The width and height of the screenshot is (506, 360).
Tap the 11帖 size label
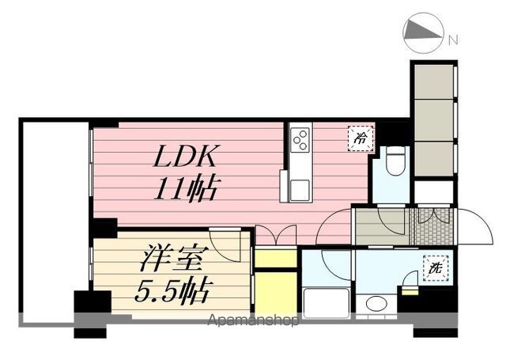tap(187, 189)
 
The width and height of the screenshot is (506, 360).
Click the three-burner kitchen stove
tap(300, 140)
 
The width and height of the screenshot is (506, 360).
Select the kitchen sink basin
tap(299, 190)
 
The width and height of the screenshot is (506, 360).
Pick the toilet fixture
tap(395, 161)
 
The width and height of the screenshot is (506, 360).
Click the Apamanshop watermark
tap(253, 320)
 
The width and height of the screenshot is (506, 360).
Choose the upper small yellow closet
tap(274, 258)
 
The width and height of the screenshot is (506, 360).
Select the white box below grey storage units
tap(433, 191)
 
